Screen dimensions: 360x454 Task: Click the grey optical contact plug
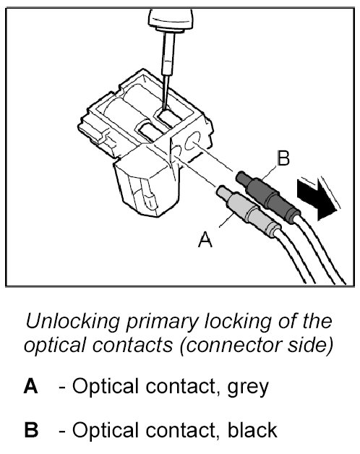(x=249, y=211)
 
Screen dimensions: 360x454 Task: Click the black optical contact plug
(x=268, y=197)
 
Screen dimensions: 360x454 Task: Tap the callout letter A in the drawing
(x=205, y=239)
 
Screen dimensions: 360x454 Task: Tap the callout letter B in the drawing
(x=283, y=158)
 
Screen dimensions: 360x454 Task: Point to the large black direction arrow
(x=317, y=199)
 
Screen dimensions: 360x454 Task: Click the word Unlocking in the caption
(x=73, y=322)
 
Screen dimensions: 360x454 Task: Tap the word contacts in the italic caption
(x=132, y=346)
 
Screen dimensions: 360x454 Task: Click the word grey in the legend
(x=248, y=388)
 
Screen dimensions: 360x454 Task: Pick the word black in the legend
(x=252, y=429)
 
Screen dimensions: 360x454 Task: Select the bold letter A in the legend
(x=30, y=386)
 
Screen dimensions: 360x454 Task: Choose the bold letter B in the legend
(x=31, y=429)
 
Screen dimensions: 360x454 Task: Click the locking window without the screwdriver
(x=152, y=132)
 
